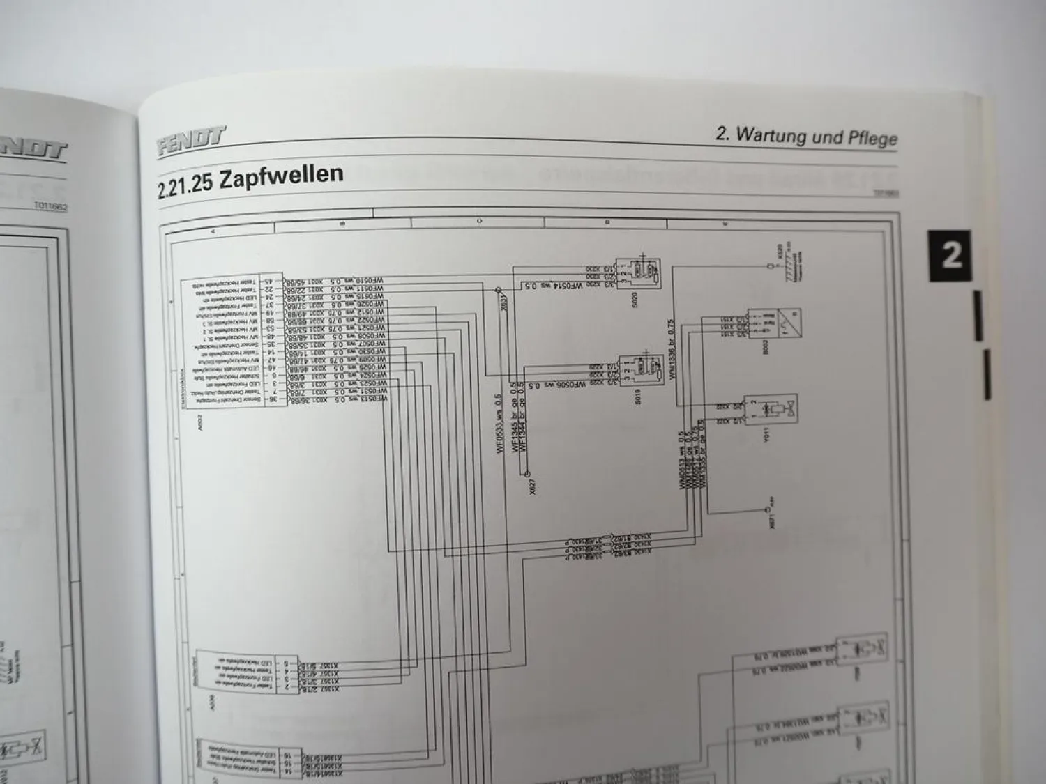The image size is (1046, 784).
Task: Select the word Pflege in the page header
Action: click(872, 137)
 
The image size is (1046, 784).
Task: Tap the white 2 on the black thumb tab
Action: click(951, 255)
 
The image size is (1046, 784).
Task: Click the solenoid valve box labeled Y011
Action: click(771, 411)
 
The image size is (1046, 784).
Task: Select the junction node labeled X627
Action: click(528, 474)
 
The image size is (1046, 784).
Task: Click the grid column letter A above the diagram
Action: click(213, 229)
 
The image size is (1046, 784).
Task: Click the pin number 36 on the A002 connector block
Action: click(256, 399)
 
